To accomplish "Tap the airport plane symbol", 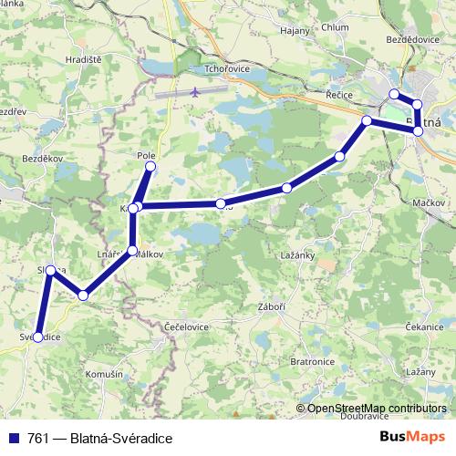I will coord(197,92).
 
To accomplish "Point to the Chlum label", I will coord(335,27).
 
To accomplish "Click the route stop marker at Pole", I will coord(150,167).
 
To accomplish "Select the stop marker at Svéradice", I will coord(37,337).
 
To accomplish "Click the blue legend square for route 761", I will coord(15,439).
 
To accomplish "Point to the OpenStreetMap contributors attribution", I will coord(376,409).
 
